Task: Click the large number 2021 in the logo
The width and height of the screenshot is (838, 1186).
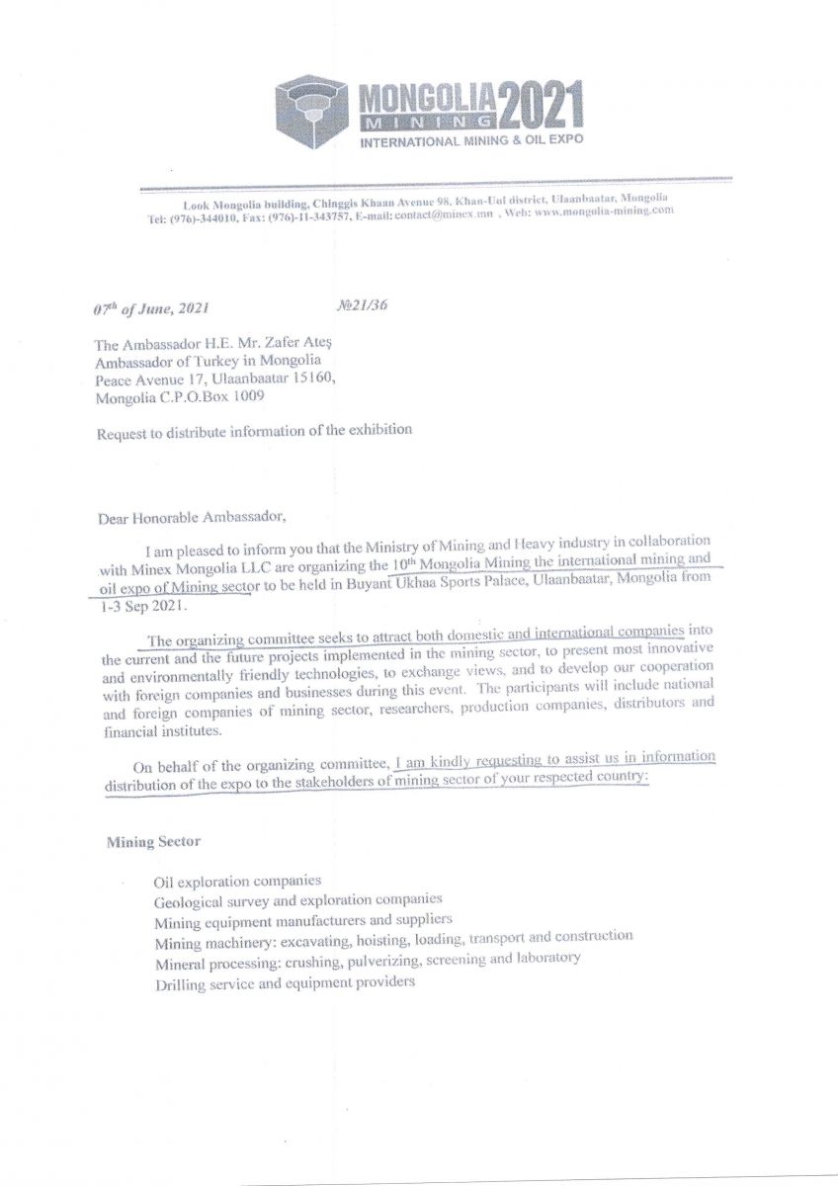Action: pyautogui.click(x=541, y=106)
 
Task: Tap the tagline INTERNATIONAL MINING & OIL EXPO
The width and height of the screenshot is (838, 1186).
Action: pyautogui.click(x=470, y=140)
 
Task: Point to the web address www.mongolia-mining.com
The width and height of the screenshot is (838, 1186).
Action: pyautogui.click(x=604, y=211)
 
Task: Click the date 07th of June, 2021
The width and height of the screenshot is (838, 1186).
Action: pyautogui.click(x=151, y=308)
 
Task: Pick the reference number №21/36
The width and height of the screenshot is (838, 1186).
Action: pyautogui.click(x=363, y=305)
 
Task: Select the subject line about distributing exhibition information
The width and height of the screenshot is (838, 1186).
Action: pyautogui.click(x=254, y=432)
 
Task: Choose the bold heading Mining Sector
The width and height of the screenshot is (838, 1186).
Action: pyautogui.click(x=153, y=843)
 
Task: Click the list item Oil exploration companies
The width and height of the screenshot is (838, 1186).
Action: pyautogui.click(x=237, y=880)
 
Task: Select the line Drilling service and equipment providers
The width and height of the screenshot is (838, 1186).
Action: pyautogui.click(x=285, y=982)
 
